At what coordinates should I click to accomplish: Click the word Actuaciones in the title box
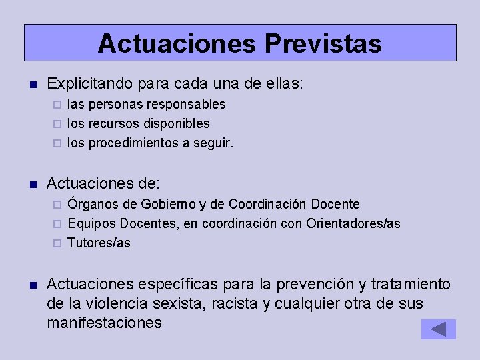tap(176, 44)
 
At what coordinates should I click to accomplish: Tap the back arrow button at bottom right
tap(438, 329)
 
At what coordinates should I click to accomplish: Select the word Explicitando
tap(91, 85)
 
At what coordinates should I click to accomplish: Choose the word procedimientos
tap(135, 143)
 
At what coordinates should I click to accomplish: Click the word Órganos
tap(94, 204)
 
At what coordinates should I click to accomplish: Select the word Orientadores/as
tap(353, 223)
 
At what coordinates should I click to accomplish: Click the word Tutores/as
tap(99, 243)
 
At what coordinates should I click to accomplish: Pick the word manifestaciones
tap(105, 323)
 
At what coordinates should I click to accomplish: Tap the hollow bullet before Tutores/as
tap(57, 243)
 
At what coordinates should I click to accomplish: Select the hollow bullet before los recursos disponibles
tap(57, 124)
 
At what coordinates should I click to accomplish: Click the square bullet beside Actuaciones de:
tap(32, 184)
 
